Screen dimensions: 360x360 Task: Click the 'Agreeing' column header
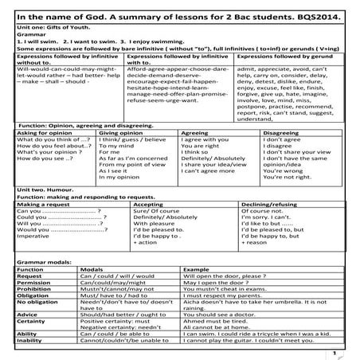click(x=196, y=134)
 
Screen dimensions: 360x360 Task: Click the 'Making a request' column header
click(x=40, y=204)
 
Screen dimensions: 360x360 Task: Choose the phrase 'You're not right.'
click(x=284, y=176)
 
